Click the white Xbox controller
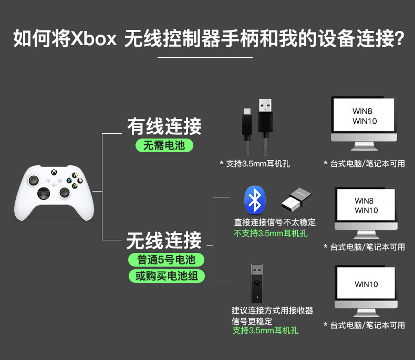[x=54, y=192]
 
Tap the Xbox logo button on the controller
[x=54, y=173]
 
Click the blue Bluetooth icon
[x=255, y=200]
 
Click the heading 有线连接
[x=164, y=126]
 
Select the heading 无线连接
[x=164, y=241]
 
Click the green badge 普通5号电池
[x=166, y=260]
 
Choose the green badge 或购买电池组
[x=166, y=276]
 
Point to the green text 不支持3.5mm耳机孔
[x=271, y=234]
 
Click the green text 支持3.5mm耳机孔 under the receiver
[x=265, y=331]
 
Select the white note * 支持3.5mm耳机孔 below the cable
[x=254, y=164]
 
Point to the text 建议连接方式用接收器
[x=272, y=311]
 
